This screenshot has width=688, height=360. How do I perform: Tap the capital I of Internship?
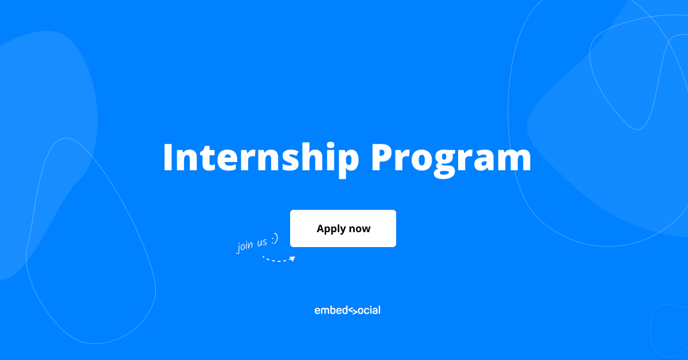click(x=169, y=157)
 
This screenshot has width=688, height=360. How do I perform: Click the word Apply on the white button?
click(x=331, y=229)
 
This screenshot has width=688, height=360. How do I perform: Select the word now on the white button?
click(x=359, y=229)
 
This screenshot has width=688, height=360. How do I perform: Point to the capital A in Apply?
click(x=321, y=228)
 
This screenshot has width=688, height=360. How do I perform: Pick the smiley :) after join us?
click(x=275, y=239)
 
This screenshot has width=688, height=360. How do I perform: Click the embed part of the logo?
click(x=331, y=310)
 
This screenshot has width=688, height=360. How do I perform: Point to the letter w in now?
click(x=366, y=229)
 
